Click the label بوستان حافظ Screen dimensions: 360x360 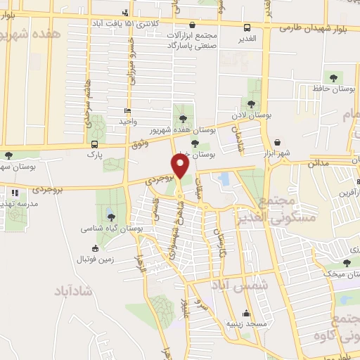[x=330, y=89]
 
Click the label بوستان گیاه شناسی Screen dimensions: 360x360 [x=112, y=229]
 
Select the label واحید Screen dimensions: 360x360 [x=127, y=122]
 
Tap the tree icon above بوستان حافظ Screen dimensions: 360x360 [x=331, y=77]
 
